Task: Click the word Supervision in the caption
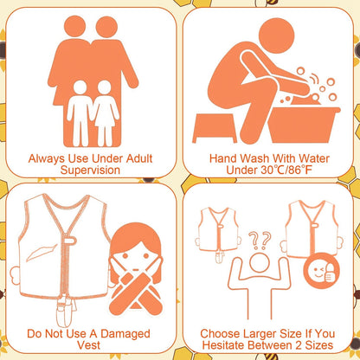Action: [x=90, y=170]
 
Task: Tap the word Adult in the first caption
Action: [x=139, y=158]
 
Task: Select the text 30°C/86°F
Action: [x=284, y=170]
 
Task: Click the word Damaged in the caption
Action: [x=125, y=334]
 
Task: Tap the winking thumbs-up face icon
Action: [x=321, y=271]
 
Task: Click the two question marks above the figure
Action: [x=260, y=241]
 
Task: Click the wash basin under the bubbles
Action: [x=303, y=125]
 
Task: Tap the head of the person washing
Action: [x=276, y=35]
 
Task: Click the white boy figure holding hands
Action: [x=80, y=113]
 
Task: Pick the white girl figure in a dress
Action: [x=105, y=113]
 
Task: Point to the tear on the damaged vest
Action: [x=42, y=253]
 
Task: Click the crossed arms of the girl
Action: [x=136, y=291]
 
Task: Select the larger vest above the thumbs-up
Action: [x=312, y=228]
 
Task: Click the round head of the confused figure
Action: [x=260, y=262]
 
